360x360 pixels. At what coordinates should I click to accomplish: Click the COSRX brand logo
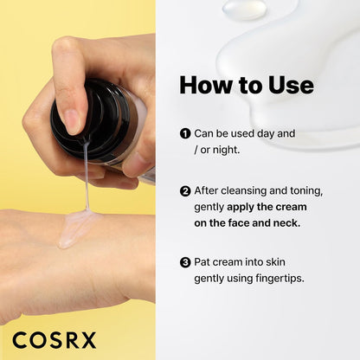tap(55, 339)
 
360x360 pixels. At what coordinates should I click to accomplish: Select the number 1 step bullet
tap(185, 134)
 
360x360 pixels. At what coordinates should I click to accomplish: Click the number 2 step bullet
tap(185, 191)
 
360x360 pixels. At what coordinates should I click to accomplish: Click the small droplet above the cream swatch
tap(244, 9)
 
